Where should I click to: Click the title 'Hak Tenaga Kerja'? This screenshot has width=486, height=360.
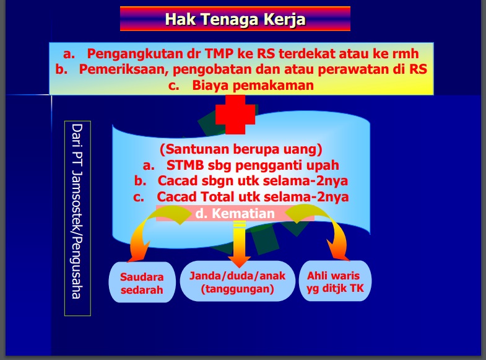point(235,19)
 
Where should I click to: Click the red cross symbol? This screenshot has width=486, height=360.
point(235,115)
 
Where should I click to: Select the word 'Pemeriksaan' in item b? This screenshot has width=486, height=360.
point(124,69)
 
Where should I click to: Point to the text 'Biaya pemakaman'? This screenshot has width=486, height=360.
point(253,86)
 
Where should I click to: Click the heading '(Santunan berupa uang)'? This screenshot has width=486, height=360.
point(241,149)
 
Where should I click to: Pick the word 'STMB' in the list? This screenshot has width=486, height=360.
point(185,165)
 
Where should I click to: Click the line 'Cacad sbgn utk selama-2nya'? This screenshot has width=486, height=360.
point(253,181)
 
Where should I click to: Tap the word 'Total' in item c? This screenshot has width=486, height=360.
point(217,196)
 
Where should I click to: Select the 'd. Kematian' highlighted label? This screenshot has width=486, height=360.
point(235,213)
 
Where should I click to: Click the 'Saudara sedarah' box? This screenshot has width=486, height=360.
point(142,283)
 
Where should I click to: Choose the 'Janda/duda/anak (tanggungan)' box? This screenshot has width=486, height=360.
point(237,281)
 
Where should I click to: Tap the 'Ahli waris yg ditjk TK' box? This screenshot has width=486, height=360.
point(335,281)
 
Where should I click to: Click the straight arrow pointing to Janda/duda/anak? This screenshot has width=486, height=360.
point(239,244)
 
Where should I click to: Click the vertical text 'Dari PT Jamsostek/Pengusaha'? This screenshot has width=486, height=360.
point(77,211)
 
